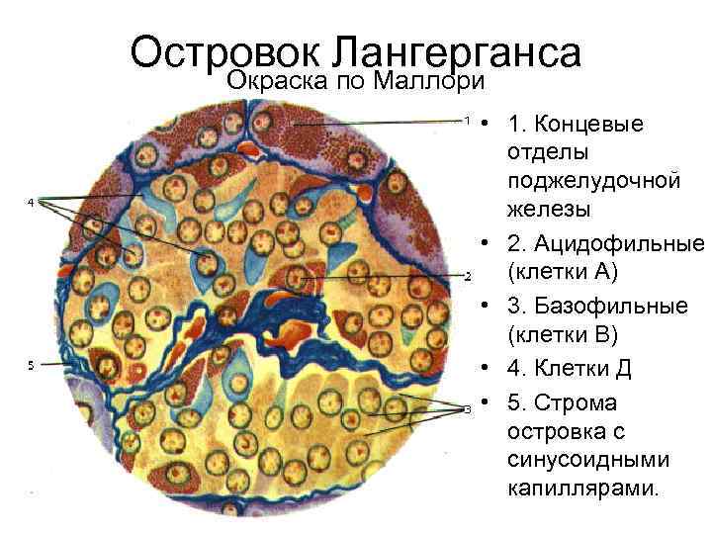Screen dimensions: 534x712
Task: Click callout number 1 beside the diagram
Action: (467, 120)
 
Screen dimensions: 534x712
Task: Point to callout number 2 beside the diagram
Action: (467, 275)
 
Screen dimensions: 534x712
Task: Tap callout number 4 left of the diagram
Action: (31, 202)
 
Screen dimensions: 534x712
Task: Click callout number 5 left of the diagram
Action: (31, 365)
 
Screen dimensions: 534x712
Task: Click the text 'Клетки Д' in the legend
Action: (575, 369)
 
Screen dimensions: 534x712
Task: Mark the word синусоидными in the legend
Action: (587, 461)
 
